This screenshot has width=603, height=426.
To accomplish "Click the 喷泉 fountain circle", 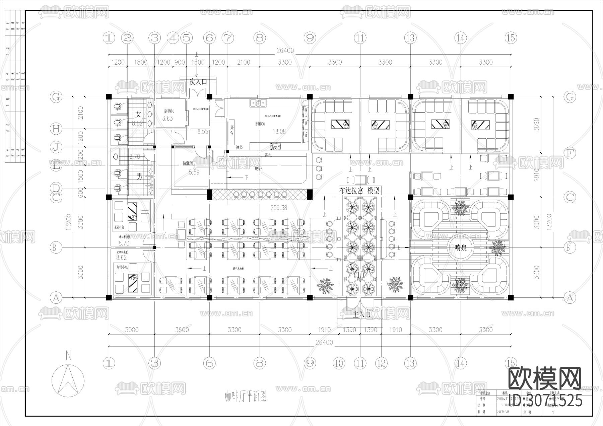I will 461,247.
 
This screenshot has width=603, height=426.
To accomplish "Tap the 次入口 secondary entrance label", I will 198,82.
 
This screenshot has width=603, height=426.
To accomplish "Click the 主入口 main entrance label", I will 362,314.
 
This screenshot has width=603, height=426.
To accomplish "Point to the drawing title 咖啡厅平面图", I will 246,397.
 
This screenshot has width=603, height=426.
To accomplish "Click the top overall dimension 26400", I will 285,51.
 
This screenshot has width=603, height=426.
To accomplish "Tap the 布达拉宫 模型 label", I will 359,191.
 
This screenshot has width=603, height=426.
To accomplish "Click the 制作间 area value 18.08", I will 279,131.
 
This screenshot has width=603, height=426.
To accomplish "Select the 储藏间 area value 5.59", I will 194,172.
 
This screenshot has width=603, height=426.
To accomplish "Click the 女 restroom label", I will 138,114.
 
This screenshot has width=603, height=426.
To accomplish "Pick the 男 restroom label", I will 139,176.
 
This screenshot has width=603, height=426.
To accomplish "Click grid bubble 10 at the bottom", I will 339,363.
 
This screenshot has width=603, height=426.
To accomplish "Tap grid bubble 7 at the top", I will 228,38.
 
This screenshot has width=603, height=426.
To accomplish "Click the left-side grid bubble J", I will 56,147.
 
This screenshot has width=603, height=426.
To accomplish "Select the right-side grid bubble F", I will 569,154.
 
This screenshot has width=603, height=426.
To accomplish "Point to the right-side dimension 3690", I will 537,125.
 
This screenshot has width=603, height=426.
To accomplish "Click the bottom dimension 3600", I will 182,330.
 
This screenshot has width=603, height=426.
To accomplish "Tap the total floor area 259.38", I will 279,208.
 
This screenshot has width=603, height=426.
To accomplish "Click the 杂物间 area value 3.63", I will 167,118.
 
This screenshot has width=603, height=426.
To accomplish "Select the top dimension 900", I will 180,62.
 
